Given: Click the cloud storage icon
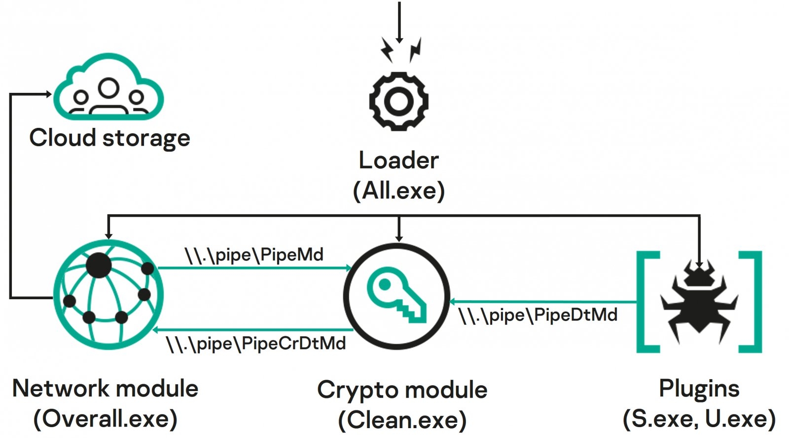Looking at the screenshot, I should [x=108, y=89].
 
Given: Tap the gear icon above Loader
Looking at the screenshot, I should [x=398, y=101].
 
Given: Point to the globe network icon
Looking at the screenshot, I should [x=108, y=295].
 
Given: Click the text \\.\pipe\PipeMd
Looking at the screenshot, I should [x=254, y=255].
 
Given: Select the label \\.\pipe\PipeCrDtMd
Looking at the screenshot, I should [x=256, y=344].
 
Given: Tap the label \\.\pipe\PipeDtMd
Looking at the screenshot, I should [x=538, y=315].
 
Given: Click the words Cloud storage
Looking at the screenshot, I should [x=109, y=137].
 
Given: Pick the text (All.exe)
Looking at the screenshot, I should [x=398, y=190].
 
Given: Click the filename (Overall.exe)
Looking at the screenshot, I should [x=106, y=419].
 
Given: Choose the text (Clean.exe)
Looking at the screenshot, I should [x=402, y=420].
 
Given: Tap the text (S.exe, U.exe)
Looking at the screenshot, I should [x=699, y=419].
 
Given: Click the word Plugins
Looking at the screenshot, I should [x=699, y=389].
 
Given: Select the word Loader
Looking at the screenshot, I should [x=398, y=160].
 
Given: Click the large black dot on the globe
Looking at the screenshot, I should [x=99, y=265].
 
